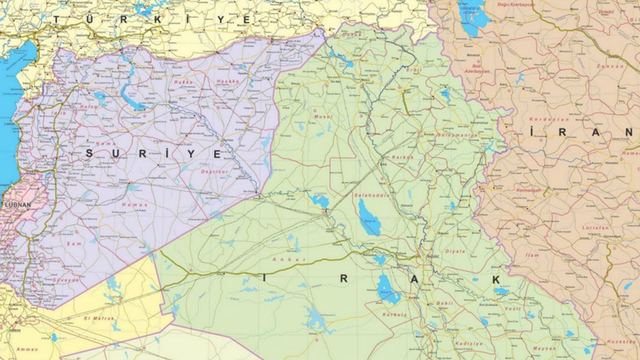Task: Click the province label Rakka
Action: (183, 82)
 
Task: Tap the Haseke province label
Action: (228, 81)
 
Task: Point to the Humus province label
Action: (135, 204)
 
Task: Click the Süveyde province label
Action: (67, 280)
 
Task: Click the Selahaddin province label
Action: (371, 196)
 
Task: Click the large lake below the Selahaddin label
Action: (369, 217)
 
